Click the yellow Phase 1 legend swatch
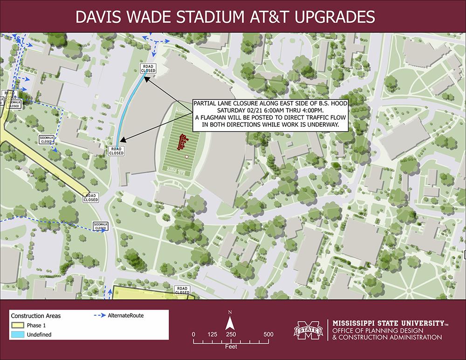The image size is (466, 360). point(17,326)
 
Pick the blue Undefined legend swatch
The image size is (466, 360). point(17,334)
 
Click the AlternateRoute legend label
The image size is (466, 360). point(125,315)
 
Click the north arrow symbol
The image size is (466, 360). point(230,322)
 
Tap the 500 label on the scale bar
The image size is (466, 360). point(268,334)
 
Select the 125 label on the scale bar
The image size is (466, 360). point(212,334)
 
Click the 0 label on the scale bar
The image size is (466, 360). point(193,334)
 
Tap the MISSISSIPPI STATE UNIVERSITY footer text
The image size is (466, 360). point(387,323)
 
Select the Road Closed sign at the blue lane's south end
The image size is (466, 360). point(116,150)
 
